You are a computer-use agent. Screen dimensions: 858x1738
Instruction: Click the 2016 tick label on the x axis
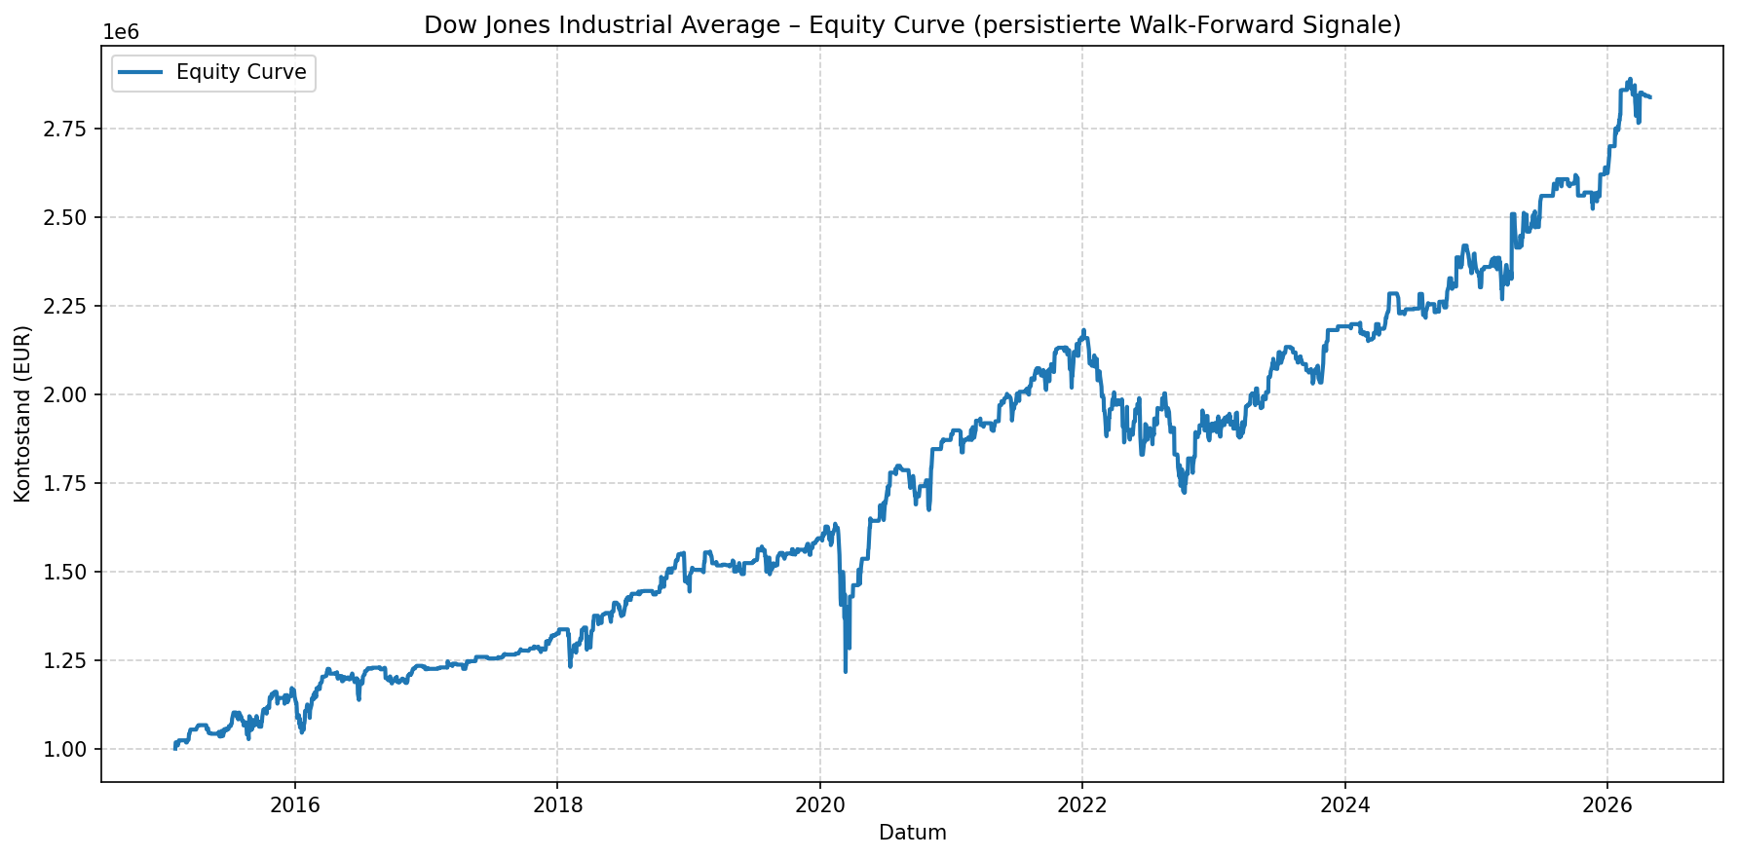[294, 804]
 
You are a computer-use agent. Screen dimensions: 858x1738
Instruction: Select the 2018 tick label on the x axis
[557, 804]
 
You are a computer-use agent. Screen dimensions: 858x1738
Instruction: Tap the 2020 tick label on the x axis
[819, 804]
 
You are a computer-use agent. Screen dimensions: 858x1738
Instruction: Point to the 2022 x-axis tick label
[1081, 804]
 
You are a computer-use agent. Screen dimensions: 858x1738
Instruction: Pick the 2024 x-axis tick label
[1344, 804]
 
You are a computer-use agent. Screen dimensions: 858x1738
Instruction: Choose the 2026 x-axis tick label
[1606, 804]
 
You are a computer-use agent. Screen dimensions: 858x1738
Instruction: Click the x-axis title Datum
[912, 833]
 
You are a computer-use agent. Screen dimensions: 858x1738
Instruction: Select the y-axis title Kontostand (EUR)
[22, 414]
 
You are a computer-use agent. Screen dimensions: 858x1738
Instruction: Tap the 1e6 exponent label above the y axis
[121, 32]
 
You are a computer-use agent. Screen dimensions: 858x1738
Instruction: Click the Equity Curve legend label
[241, 72]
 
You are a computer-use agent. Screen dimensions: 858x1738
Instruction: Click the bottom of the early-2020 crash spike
[846, 672]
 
